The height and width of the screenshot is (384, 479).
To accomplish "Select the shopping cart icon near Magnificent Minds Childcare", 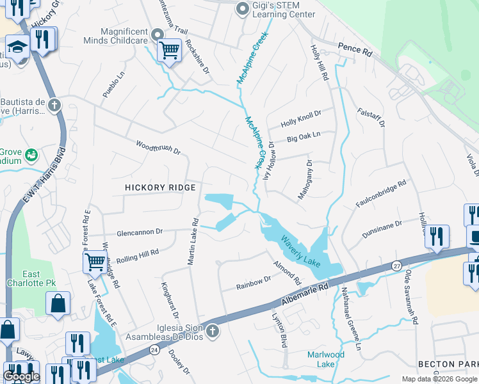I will (x=169, y=50).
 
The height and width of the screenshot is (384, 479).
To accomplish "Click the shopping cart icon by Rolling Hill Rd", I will (x=94, y=261).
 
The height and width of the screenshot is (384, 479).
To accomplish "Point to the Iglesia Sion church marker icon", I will (x=213, y=331).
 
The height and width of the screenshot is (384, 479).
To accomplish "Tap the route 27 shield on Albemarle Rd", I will (x=396, y=265).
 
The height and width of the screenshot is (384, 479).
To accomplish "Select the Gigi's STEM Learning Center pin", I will (x=242, y=9).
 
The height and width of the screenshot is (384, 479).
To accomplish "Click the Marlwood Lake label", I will (x=325, y=359).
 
